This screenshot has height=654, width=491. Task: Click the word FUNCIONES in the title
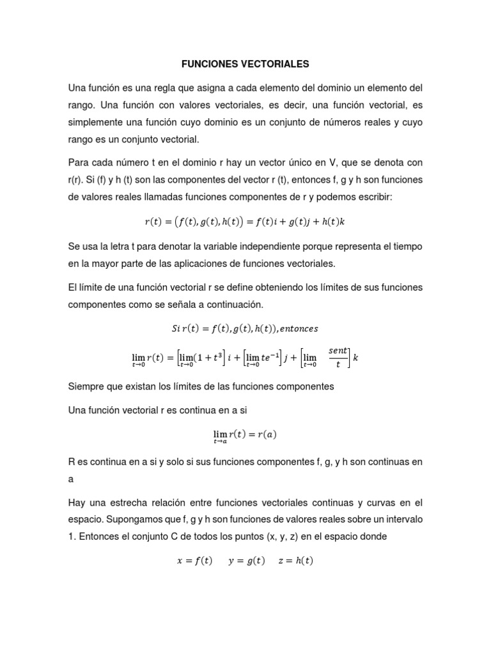click(206, 65)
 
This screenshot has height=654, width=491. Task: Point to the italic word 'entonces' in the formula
click(297, 329)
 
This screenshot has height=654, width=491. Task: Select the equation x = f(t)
click(194, 561)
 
